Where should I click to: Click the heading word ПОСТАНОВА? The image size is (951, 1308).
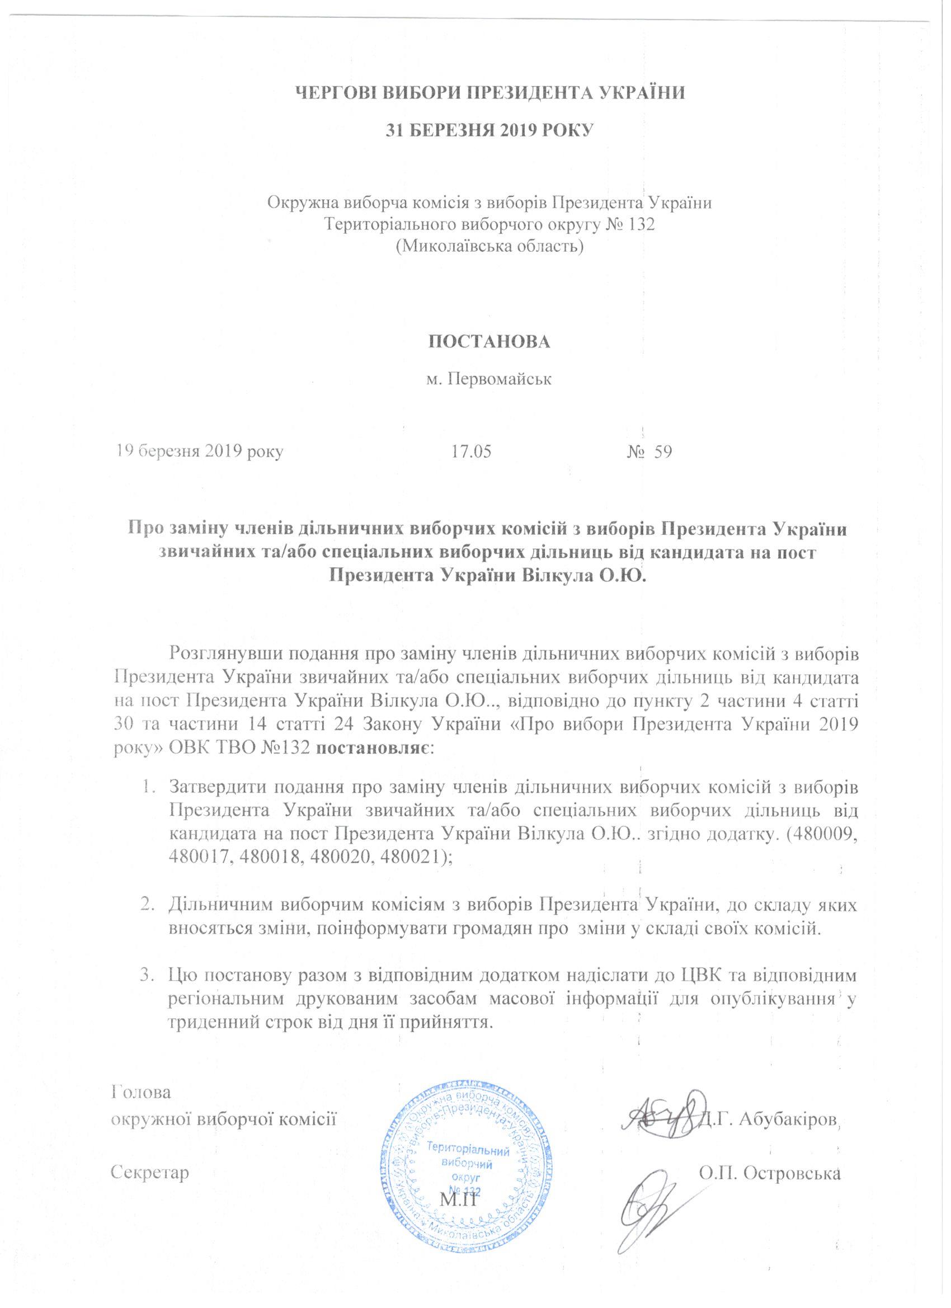point(489,341)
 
